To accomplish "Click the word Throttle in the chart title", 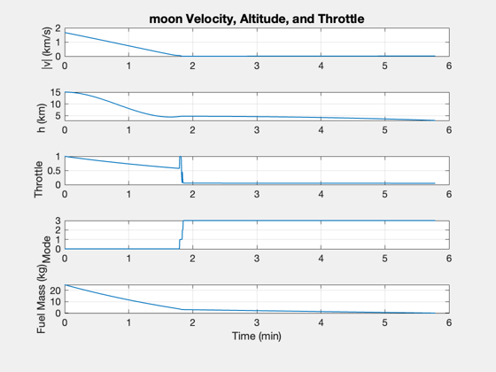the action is coord(341,19).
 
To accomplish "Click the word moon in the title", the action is coord(166,19).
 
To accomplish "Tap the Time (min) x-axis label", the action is coord(257,336).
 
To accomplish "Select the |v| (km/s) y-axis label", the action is coord(46,48).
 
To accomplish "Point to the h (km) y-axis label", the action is coord(41,118).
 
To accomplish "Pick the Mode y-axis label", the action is coord(46,250).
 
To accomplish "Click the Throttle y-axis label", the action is coord(38,179).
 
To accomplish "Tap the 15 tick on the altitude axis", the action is coord(55,92).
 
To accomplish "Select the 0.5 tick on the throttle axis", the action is coord(54,171).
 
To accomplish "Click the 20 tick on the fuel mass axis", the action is coord(55,291).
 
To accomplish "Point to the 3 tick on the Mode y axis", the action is coord(58,221).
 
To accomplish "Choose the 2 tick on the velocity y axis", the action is coord(58,28).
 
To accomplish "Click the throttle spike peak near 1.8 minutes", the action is coord(181,157).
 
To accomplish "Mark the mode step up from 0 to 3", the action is coord(182,235).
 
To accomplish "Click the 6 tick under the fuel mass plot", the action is coord(449,322).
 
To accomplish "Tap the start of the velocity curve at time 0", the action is coord(66,33).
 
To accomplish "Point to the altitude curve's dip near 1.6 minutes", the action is coord(169,117).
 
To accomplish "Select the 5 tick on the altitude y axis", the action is coord(58,116).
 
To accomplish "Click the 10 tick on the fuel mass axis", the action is coord(55,302).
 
